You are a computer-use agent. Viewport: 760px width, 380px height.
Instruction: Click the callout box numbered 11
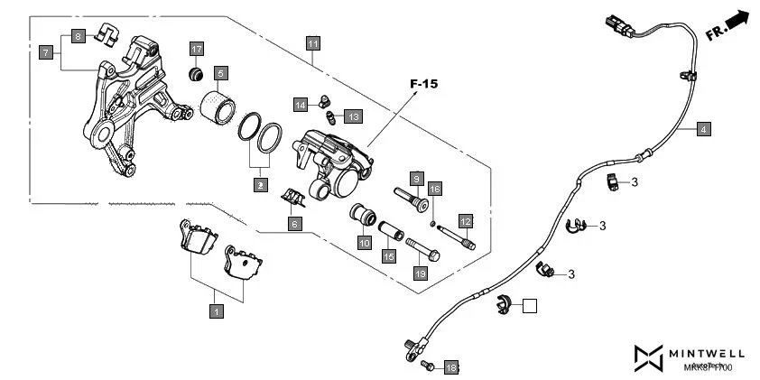[x=312, y=43]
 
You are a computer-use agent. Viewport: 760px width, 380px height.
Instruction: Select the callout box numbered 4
[x=703, y=129]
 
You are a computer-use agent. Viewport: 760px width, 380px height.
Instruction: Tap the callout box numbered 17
[x=197, y=48]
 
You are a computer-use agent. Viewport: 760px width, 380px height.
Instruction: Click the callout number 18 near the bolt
[x=451, y=366]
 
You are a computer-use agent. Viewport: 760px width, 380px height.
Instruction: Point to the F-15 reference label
[x=423, y=84]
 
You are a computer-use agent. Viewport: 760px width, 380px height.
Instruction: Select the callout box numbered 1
[x=216, y=310]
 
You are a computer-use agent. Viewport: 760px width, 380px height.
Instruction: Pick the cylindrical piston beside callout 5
[x=216, y=107]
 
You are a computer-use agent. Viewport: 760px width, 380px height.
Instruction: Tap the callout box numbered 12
[x=466, y=220]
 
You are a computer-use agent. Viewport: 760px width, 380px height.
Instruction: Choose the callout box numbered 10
[x=364, y=242]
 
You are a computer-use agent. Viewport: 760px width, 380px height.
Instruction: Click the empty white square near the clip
[x=529, y=305]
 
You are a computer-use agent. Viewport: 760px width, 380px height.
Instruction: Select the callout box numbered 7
[x=45, y=53]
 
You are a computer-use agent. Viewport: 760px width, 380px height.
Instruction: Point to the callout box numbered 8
[x=79, y=36]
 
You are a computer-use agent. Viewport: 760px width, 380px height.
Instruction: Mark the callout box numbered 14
[x=301, y=106]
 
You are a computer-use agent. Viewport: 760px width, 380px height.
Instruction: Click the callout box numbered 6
[x=294, y=223]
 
